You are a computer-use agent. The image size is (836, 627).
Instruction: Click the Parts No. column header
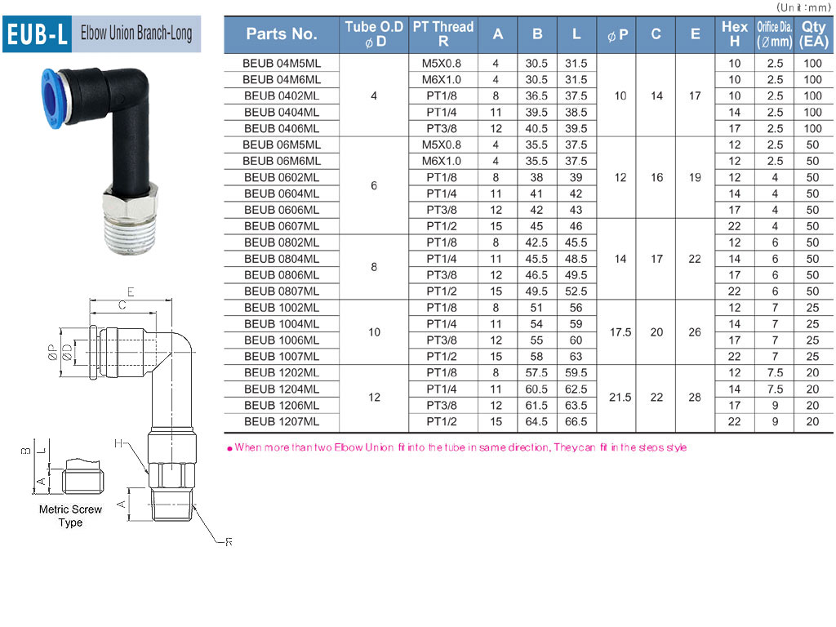click(x=282, y=34)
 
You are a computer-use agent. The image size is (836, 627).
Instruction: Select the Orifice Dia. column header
click(x=774, y=34)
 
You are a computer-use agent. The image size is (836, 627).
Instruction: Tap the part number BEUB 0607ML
click(x=282, y=226)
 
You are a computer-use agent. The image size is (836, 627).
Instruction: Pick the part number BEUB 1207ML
click(x=282, y=422)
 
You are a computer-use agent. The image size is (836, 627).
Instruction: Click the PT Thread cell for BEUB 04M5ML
click(x=442, y=64)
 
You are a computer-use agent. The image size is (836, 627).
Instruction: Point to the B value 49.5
click(x=536, y=291)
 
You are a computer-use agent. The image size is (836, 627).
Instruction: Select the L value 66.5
click(x=576, y=422)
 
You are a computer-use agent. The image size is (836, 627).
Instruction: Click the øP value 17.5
click(x=620, y=332)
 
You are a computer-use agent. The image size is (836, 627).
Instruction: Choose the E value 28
click(x=695, y=398)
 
